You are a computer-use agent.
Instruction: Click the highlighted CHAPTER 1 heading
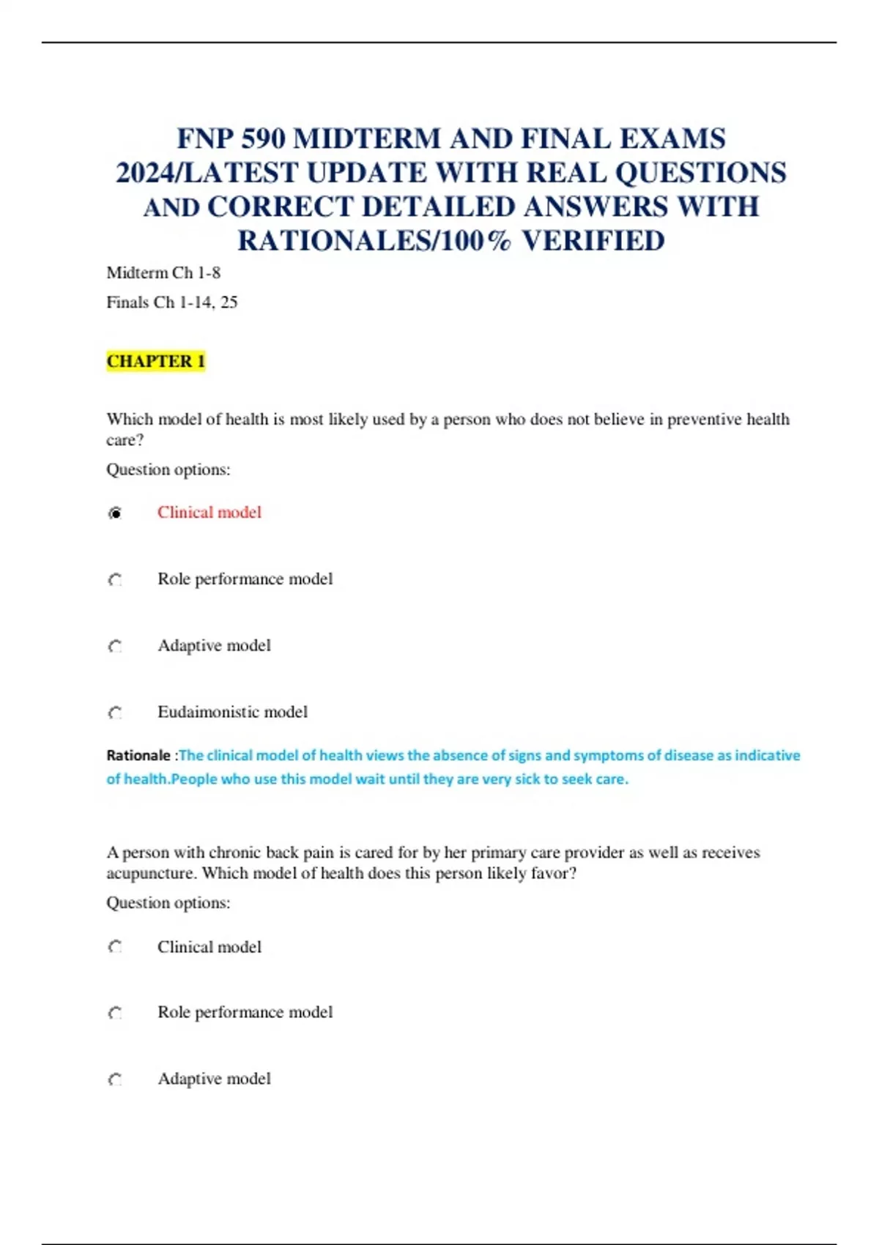point(155,361)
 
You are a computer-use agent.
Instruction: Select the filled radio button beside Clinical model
point(115,513)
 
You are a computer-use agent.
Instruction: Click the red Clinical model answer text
point(209,513)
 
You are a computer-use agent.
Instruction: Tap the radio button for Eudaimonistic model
point(115,713)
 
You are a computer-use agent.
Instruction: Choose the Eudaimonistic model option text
point(232,712)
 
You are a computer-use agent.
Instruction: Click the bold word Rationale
point(138,755)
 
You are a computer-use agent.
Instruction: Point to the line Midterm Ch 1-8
point(163,273)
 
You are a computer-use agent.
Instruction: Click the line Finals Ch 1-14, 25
point(172,302)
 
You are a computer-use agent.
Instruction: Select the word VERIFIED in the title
point(593,241)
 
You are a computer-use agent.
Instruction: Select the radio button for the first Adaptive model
point(115,647)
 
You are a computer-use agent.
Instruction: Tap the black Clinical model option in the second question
point(209,947)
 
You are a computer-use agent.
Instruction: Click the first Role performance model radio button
point(115,580)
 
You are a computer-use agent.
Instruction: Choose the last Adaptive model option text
point(214,1079)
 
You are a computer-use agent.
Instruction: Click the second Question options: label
point(168,903)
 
